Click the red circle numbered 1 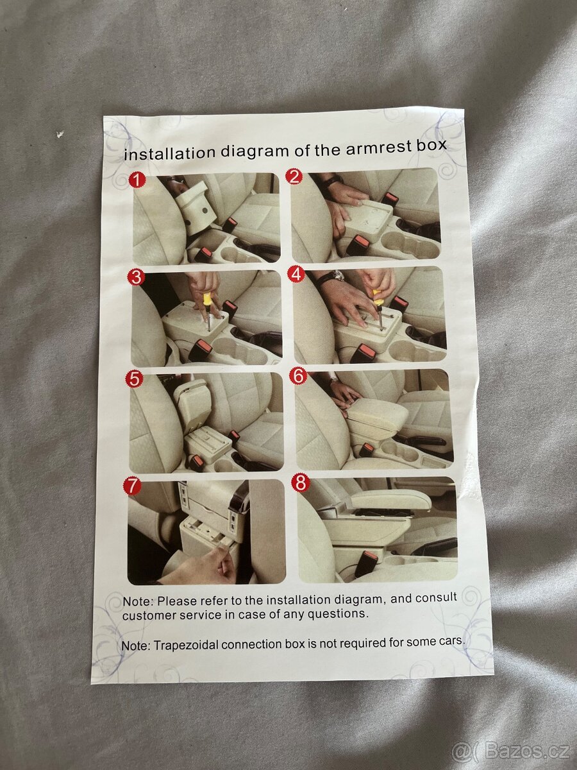tap(137, 181)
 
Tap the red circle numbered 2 tap(294, 176)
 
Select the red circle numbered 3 tap(136, 277)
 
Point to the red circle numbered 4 tap(297, 274)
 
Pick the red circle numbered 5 tap(134, 380)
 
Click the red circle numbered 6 tap(298, 377)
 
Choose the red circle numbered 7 tap(132, 486)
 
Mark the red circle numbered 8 tap(301, 483)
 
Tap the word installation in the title tap(170, 153)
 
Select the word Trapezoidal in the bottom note tap(185, 645)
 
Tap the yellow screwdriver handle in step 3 tap(207, 300)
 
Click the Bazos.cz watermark tap(511, 751)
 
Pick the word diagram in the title tap(256, 151)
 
